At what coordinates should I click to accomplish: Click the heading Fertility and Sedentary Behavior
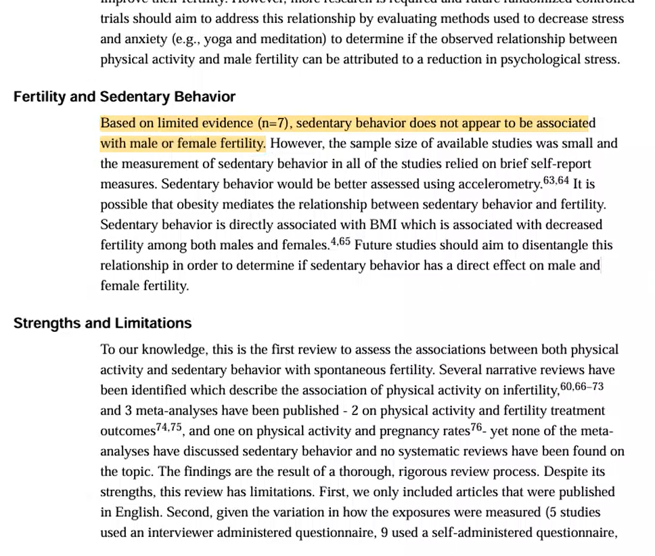pyautogui.click(x=125, y=97)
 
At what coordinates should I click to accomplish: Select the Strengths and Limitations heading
pyautogui.click(x=102, y=323)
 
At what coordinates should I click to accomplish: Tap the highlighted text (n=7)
pyautogui.click(x=273, y=123)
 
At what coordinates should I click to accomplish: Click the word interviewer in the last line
pyautogui.click(x=178, y=533)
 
